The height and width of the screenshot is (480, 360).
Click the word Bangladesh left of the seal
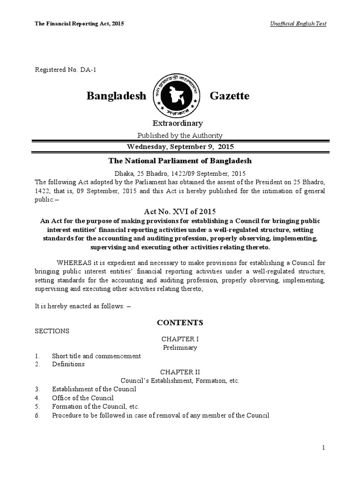point(117,96)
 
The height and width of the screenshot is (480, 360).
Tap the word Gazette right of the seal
point(230,96)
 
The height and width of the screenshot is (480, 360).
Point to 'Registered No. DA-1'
point(66,70)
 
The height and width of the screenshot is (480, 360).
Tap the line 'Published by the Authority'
point(180,135)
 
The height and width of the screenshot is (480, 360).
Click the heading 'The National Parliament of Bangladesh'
point(180,161)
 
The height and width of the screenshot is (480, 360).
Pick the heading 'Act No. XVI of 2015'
point(180,212)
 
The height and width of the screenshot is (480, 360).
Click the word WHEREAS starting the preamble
point(73,262)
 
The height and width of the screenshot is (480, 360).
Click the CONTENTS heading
point(180,322)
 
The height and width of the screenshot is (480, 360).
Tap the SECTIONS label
point(52,331)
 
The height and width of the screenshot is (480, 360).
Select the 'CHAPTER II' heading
point(180,372)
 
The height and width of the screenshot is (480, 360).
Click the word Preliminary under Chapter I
point(180,347)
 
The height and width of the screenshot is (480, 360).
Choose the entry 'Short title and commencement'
point(96,356)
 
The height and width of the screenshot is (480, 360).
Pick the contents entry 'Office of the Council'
point(82,397)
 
